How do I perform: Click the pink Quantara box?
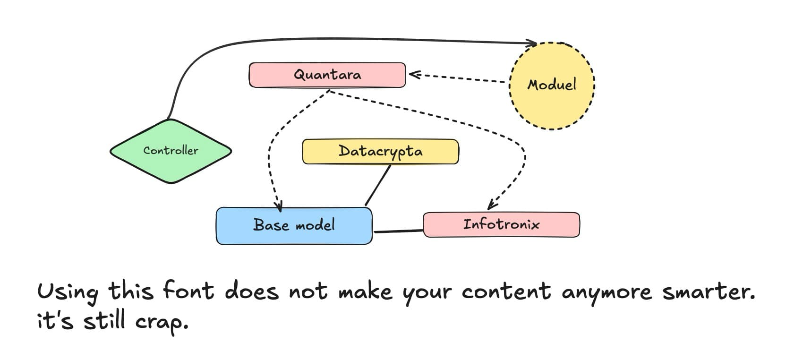(x=327, y=75)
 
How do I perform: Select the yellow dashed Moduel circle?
(x=552, y=86)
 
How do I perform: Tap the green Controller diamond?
(x=171, y=151)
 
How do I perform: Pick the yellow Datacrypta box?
(x=380, y=152)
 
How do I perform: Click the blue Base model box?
(x=294, y=225)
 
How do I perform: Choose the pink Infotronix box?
(x=501, y=224)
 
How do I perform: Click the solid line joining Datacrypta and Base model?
(x=378, y=185)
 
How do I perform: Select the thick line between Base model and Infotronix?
(x=398, y=231)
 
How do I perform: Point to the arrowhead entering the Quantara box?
(x=414, y=74)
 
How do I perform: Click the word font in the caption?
(x=188, y=291)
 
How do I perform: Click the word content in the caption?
(x=506, y=291)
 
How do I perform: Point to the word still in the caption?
(x=104, y=321)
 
